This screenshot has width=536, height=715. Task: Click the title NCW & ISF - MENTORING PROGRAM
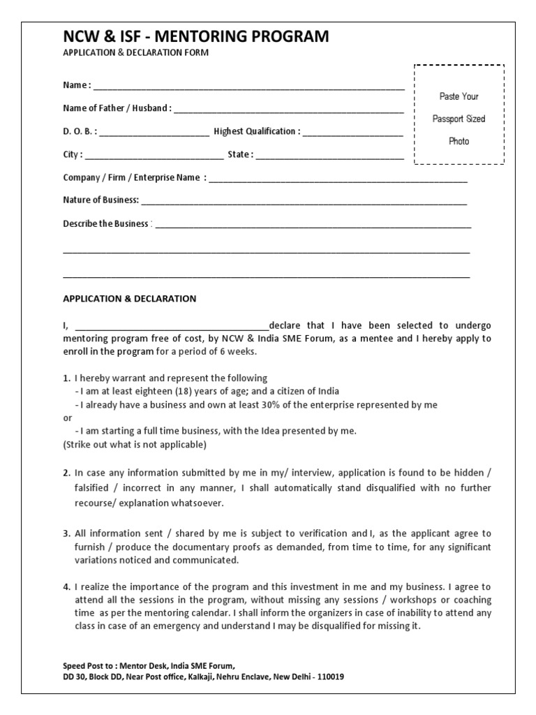196,37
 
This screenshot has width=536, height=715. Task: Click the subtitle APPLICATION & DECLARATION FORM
135,53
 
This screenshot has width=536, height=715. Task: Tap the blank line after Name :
248,87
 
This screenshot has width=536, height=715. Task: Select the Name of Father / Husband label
117,108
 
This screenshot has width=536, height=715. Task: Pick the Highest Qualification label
257,131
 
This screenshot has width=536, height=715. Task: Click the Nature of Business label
101,200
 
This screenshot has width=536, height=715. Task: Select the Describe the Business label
106,224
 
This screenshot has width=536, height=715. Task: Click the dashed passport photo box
459,115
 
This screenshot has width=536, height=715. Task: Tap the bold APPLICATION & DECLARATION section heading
130,299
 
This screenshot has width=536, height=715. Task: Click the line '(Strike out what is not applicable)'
135,444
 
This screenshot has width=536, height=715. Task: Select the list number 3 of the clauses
66,533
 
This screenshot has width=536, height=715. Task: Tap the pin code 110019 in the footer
329,677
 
